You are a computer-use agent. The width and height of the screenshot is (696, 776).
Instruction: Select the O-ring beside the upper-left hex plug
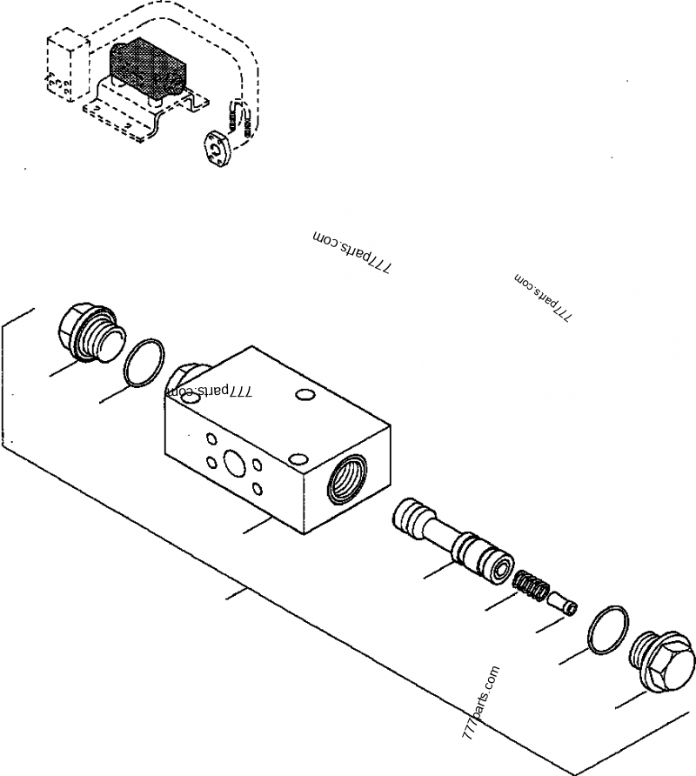pyautogui.click(x=144, y=362)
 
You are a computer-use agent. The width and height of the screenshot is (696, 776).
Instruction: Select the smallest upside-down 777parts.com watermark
pyautogui.click(x=543, y=298)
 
